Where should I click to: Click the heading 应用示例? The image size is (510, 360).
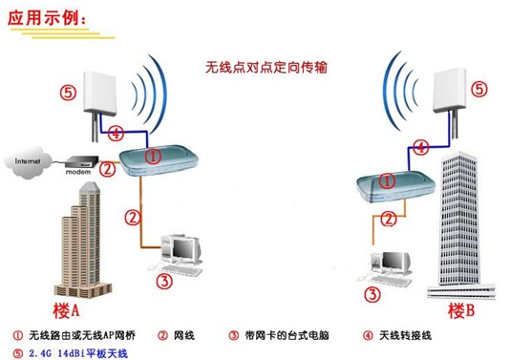[53, 20]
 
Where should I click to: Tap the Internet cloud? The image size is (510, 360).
[30, 161]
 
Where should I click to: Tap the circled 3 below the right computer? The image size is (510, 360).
[377, 295]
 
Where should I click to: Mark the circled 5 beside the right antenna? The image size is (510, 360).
[479, 89]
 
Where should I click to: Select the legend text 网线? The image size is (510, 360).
[182, 335]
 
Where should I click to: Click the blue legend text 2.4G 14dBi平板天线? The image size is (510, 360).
[77, 351]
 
